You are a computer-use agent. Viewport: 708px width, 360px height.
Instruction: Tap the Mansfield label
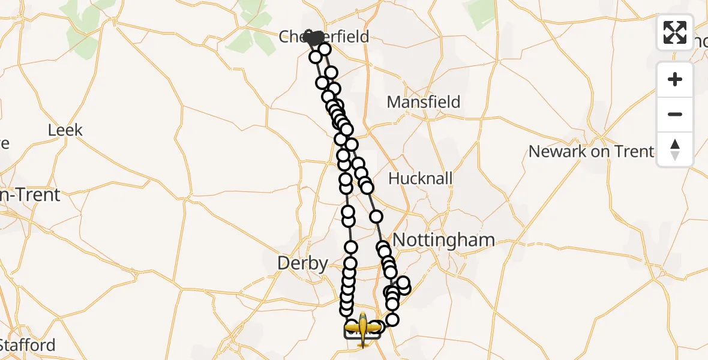coord(424,102)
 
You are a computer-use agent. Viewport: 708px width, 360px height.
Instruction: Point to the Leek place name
coord(65,130)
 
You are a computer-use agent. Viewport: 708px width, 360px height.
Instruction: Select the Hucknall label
coord(421,178)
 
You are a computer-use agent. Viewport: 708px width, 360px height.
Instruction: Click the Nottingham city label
coord(444,241)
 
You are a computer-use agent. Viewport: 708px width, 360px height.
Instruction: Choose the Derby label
coord(302,263)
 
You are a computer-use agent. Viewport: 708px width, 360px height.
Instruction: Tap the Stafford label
coord(28,345)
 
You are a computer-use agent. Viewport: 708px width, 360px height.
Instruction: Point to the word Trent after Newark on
coord(633,151)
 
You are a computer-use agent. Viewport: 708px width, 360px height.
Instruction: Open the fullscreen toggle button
coord(675,32)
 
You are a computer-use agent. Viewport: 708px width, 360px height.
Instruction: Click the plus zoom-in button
coord(675,79)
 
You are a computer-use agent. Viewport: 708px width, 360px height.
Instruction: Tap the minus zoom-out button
coord(675,114)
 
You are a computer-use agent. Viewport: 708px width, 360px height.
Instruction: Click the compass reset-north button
coord(675,149)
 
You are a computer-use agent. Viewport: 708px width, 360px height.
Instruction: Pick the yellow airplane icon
coord(362,328)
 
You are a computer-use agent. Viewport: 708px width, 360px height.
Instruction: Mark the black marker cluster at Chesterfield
coord(313,38)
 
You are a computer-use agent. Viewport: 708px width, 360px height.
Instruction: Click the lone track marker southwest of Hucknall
coord(376,217)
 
